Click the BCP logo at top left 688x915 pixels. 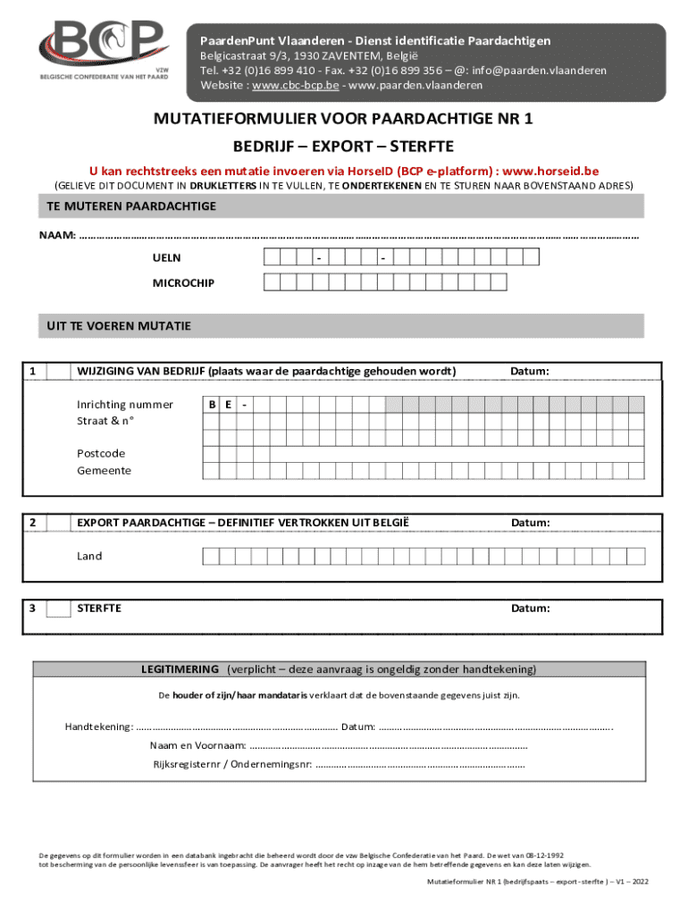(x=103, y=49)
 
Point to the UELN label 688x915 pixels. (x=166, y=258)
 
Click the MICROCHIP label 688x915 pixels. (x=183, y=283)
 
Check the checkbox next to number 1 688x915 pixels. (x=58, y=372)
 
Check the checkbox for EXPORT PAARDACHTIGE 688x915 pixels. (x=58, y=523)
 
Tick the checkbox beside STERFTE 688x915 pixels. (x=58, y=609)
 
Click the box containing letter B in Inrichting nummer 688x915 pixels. (x=212, y=405)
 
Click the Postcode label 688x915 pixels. (x=101, y=453)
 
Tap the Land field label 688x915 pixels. (x=89, y=556)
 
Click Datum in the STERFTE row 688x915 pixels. (x=530, y=609)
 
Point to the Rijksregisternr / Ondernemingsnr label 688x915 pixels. (x=231, y=764)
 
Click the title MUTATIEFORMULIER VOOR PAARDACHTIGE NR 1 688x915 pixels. (x=343, y=119)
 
